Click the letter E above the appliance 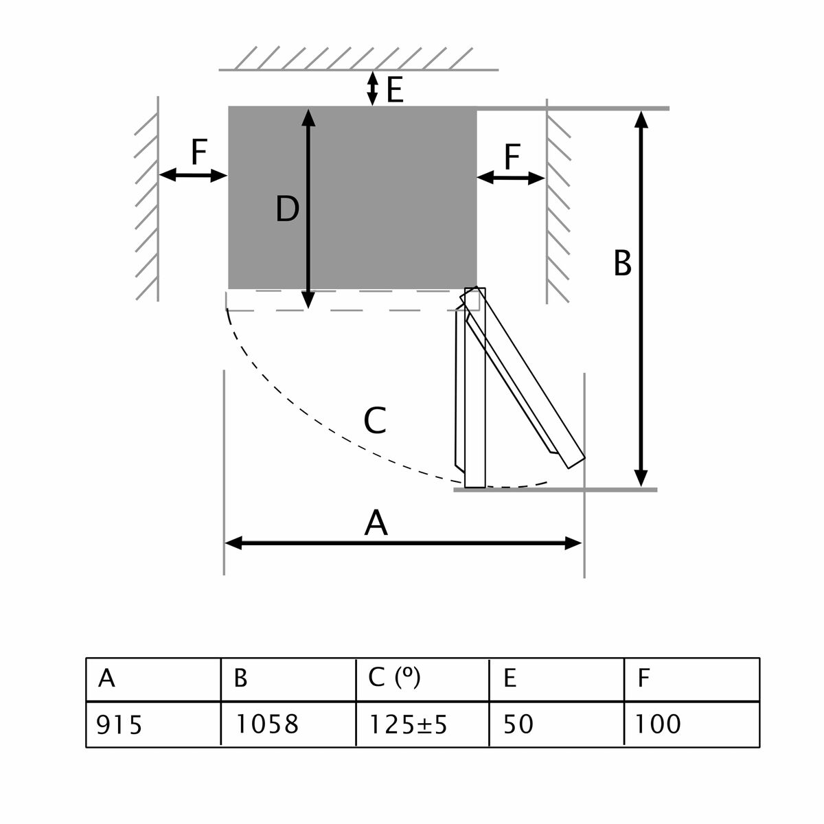coord(395,90)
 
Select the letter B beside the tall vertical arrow coord(622,263)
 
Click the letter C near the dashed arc coord(375,420)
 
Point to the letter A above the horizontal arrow coord(376,523)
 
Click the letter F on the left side coord(198,152)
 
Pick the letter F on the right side coord(512,157)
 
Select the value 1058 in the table coord(267,724)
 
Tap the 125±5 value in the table coord(408,724)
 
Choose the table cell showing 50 coord(518,724)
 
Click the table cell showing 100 coord(657,724)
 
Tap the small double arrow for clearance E coord(372,88)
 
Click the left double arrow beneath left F coord(193,176)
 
